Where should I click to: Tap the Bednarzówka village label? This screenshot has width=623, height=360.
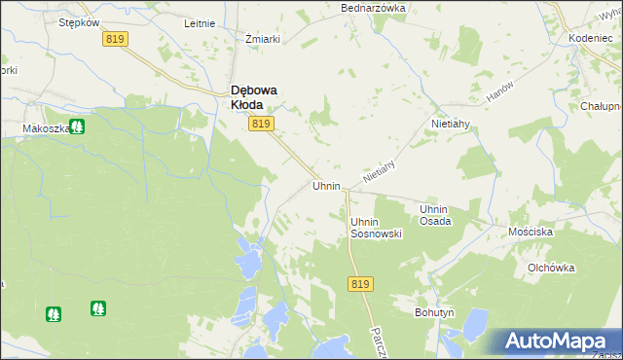coord(372,8)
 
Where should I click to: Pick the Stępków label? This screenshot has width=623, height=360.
coord(80,21)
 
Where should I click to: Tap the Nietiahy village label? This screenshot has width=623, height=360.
coord(452,125)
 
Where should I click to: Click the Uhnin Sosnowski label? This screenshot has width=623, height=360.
coord(376,228)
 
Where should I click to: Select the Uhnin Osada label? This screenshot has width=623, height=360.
coord(434,215)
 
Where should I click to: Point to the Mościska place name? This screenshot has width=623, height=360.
coord(531,234)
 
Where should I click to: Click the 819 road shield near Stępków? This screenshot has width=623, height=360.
coord(115,38)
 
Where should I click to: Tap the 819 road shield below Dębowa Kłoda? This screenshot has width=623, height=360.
coord(261,124)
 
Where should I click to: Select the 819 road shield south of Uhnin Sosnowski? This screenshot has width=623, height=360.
coord(359,283)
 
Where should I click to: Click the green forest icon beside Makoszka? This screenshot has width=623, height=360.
coord(76,126)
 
